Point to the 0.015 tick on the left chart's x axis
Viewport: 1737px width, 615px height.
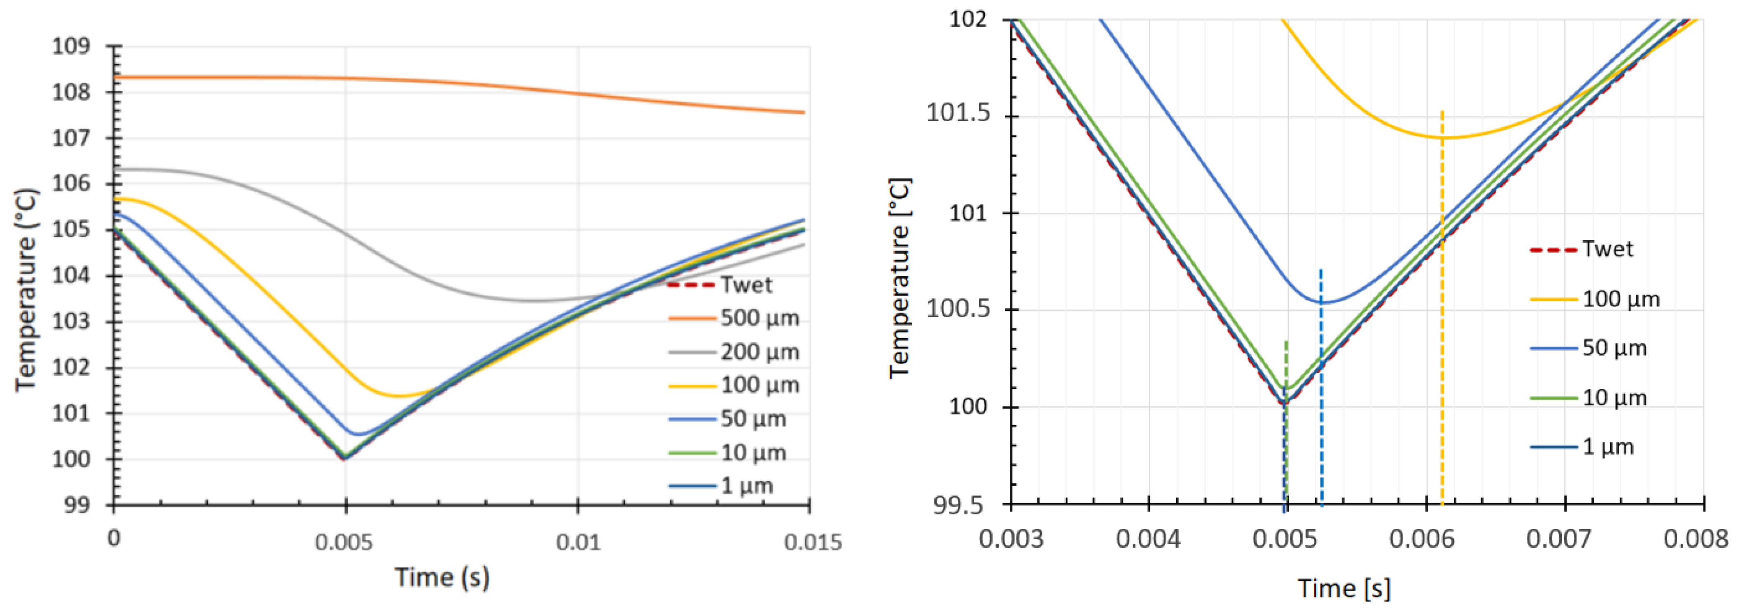pos(812,542)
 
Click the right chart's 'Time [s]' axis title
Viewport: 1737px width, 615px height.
pos(1344,589)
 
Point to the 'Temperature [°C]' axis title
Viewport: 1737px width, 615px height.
pos(899,278)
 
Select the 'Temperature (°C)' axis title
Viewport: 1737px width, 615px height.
pos(25,290)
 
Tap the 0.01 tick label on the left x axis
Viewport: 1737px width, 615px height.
pos(578,542)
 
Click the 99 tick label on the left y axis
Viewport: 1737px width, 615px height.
pos(76,505)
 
